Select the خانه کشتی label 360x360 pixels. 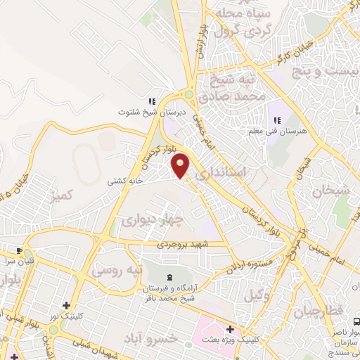pos(125,181)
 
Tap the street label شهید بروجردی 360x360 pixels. pos(185,244)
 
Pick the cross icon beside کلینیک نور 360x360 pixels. pos(66,305)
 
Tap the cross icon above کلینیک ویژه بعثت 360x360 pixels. pos(230,329)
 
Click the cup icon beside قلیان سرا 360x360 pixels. pos(20,250)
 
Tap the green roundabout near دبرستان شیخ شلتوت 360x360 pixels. pos(188,95)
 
